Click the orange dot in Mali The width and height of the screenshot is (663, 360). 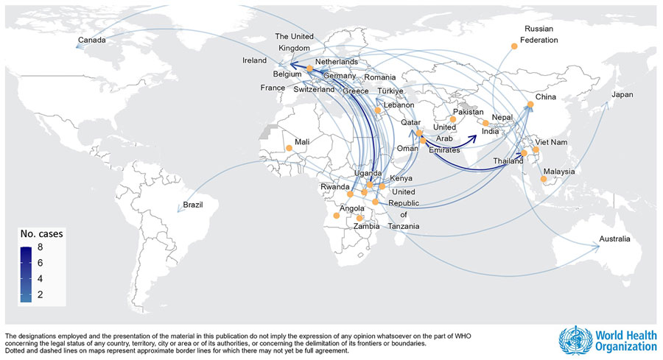[x=289, y=148]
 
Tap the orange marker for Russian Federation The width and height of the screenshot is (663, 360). [x=514, y=46]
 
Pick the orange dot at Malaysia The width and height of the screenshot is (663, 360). [x=544, y=178]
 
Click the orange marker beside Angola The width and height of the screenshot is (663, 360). [x=336, y=215]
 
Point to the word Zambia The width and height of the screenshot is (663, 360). [x=366, y=227]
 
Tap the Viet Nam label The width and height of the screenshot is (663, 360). [x=552, y=141]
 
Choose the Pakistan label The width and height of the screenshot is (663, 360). [x=468, y=112]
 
